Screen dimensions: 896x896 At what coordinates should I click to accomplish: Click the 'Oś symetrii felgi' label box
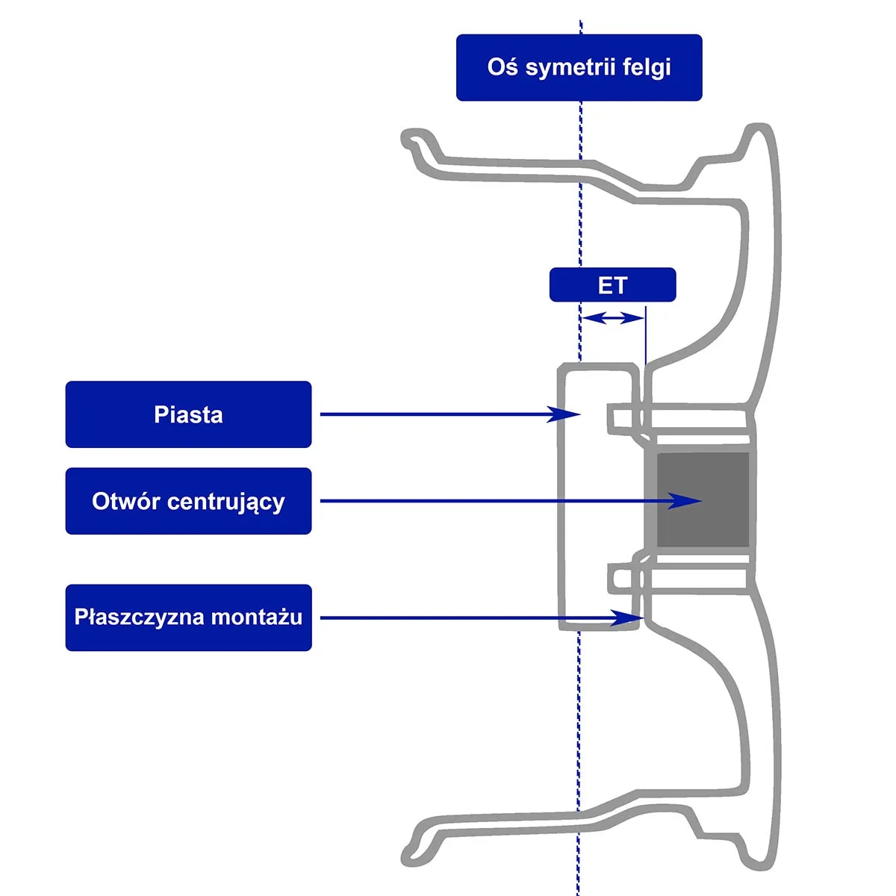coord(579,67)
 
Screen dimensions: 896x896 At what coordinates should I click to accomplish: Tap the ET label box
coord(612,285)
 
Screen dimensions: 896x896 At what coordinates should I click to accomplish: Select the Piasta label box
coord(188,414)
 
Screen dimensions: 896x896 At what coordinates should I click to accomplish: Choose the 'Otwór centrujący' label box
coord(188,501)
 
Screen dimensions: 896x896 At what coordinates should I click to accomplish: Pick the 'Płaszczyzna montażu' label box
coord(188,617)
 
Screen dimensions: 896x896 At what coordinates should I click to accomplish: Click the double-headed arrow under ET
coord(612,319)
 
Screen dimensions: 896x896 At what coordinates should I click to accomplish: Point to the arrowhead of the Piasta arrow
coord(564,414)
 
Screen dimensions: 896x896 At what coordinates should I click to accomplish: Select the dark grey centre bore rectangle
coord(703,498)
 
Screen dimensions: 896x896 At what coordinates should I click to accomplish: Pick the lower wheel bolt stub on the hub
coord(624,579)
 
